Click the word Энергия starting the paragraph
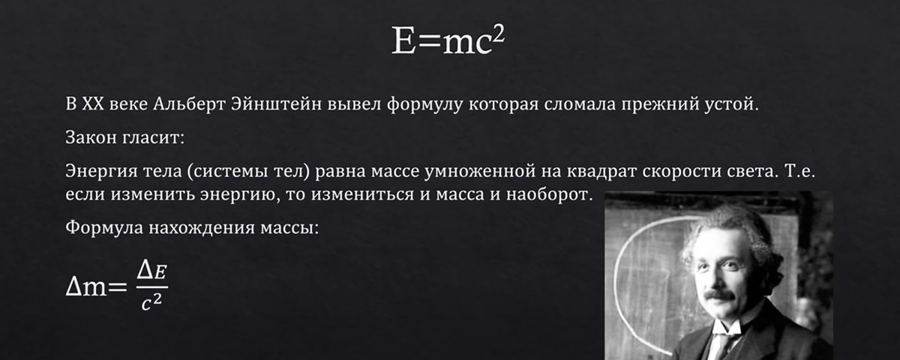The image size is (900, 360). point(99,173)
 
